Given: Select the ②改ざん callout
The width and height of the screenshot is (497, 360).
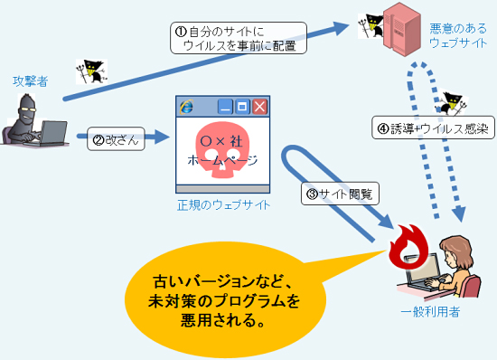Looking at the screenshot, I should [115, 141].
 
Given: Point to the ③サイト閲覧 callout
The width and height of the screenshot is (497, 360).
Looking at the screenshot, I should [339, 192].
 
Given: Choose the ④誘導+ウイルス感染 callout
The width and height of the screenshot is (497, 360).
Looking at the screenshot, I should [432, 128].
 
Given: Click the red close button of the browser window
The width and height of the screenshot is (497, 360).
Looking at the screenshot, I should [259, 107].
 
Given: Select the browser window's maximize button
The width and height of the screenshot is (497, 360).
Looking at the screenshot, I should [242, 107].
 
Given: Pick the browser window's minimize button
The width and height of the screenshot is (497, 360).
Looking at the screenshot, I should [226, 107].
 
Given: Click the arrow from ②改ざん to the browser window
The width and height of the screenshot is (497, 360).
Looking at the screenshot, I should [159, 138].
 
